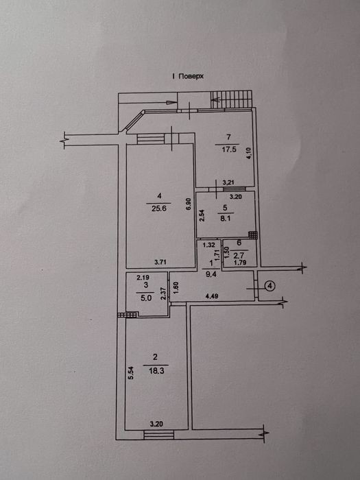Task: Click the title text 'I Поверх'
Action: tap(188, 76)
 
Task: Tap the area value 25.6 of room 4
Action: tap(158, 208)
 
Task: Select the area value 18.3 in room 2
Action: tap(156, 371)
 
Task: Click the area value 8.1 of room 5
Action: tap(225, 219)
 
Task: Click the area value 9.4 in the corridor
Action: tap(211, 274)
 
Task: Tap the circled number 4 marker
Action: tap(270, 286)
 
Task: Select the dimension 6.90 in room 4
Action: tap(189, 204)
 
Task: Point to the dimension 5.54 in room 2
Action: tap(130, 373)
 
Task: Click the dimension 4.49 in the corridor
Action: tap(212, 296)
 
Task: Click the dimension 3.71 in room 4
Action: tap(160, 262)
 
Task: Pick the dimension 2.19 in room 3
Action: tap(143, 278)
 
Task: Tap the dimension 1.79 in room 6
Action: tap(240, 263)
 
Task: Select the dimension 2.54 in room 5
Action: tap(201, 215)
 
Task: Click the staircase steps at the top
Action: tap(231, 99)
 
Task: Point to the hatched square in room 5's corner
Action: tap(253, 235)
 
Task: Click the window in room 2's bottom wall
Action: tap(158, 435)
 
